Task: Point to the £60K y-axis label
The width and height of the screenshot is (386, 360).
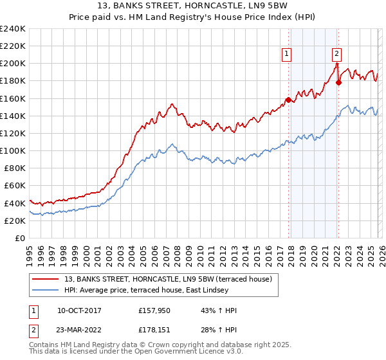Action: [14, 186]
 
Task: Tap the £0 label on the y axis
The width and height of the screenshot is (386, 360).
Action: [20, 238]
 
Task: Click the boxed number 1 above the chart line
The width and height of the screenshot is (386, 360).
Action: [286, 54]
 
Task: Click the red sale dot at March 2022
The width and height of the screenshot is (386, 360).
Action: [338, 82]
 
